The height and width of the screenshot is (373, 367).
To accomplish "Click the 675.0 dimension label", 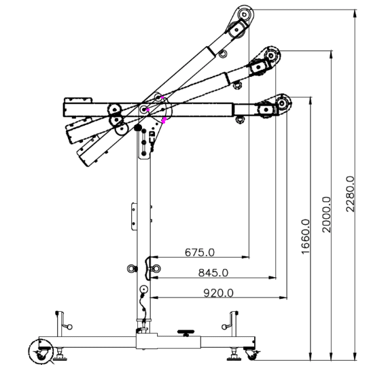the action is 200,252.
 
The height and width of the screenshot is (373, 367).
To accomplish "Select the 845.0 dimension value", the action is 213,272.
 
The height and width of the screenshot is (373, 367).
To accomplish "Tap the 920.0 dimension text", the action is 218,293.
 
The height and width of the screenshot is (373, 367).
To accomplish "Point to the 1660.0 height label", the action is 306,236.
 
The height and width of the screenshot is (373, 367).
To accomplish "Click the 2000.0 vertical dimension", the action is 326,214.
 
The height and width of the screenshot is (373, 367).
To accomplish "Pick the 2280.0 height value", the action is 350,194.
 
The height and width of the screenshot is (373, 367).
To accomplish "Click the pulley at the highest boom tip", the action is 244,14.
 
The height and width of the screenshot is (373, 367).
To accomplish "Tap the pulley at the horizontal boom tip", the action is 282,103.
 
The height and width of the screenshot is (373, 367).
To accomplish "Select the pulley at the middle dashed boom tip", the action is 271,56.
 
